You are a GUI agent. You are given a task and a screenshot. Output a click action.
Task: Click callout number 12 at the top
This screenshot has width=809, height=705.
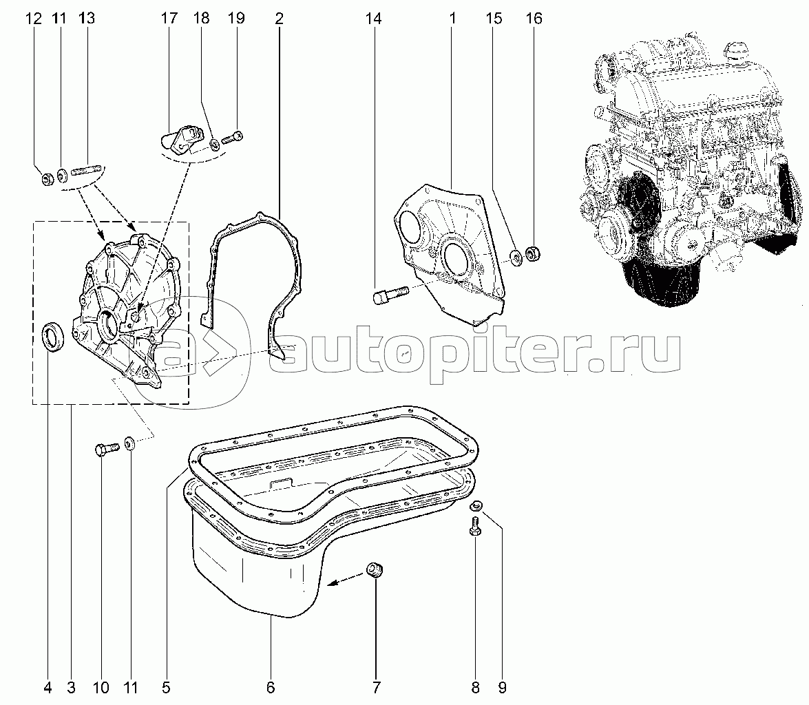[33, 19]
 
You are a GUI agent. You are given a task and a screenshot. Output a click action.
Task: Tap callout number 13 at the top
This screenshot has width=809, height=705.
[87, 19]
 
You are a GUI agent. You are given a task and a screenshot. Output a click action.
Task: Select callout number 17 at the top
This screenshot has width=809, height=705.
[169, 19]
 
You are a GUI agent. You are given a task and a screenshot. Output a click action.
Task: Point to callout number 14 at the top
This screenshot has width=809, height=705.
[374, 19]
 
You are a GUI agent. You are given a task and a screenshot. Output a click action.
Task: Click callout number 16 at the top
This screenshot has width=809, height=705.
[534, 19]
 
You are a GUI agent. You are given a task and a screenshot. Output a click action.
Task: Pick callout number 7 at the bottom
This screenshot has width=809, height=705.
[376, 688]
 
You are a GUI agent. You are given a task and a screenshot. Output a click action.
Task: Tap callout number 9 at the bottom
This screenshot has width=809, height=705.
[502, 688]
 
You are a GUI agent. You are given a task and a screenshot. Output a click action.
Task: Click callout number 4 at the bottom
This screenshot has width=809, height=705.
[48, 688]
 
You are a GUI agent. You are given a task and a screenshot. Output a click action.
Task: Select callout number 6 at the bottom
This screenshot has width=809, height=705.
[271, 688]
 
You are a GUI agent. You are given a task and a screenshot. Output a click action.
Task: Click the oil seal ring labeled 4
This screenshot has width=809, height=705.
[53, 336]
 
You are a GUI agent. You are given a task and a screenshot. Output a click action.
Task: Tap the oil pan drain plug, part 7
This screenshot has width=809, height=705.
[376, 571]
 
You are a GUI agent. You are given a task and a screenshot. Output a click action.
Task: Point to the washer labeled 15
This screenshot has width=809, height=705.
[516, 257]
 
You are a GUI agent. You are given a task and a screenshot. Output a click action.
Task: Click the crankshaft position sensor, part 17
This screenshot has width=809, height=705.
[180, 139]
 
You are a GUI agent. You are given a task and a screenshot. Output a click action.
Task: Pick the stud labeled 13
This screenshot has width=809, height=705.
[88, 170]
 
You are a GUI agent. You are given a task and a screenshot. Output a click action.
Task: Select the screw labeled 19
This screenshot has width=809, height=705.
[232, 138]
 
